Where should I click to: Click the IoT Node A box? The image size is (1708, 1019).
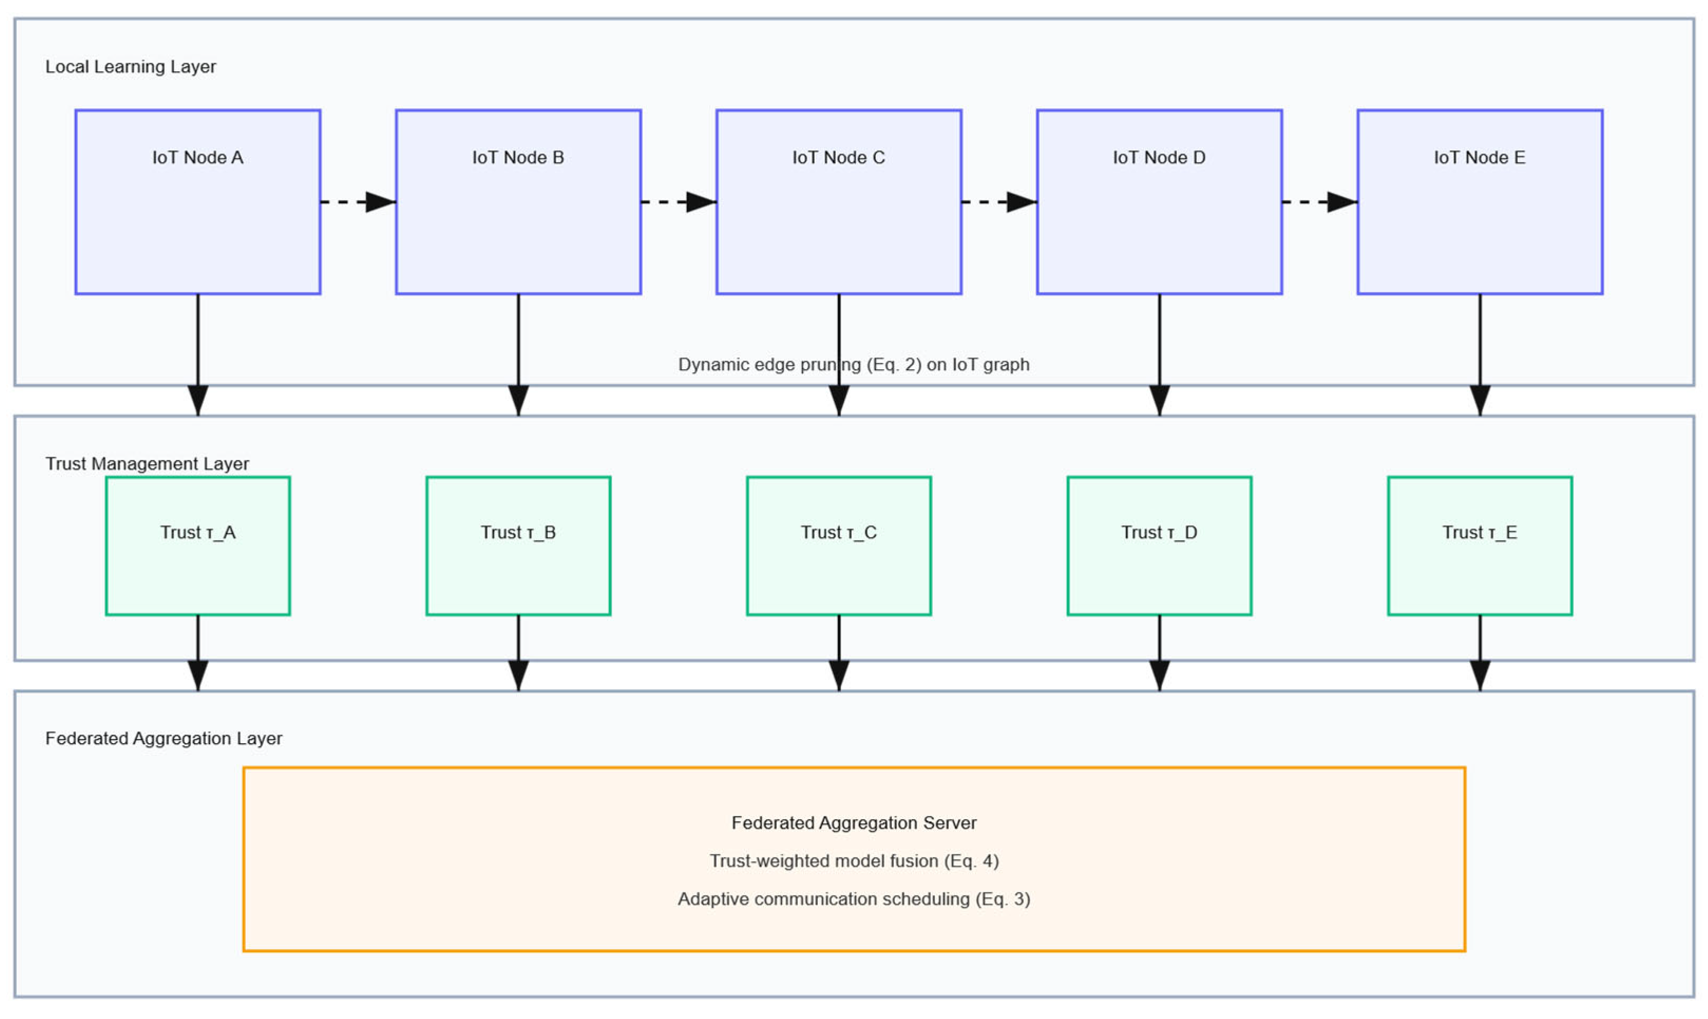click(x=198, y=202)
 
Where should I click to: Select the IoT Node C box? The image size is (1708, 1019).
click(x=838, y=202)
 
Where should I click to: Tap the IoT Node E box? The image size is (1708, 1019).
click(x=1480, y=202)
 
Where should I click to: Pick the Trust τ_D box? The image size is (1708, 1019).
click(x=1159, y=546)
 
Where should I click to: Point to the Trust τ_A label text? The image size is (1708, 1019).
click(x=198, y=533)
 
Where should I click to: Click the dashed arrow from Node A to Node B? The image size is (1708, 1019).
click(x=358, y=202)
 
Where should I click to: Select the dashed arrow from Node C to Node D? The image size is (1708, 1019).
click(x=999, y=202)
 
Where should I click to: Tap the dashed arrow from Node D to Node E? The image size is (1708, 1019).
click(x=1319, y=202)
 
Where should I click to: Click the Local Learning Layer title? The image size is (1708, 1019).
click(x=130, y=66)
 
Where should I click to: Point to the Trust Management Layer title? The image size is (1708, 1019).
click(x=147, y=464)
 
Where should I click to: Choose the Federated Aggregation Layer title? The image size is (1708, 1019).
click(x=164, y=738)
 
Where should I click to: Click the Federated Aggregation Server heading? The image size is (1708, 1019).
click(x=854, y=823)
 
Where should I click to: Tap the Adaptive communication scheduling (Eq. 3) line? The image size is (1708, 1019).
click(x=854, y=899)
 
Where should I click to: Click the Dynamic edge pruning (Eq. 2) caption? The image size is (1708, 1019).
click(x=854, y=364)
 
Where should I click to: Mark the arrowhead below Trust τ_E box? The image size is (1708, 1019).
click(x=1480, y=676)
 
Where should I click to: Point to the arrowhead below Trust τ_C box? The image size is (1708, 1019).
click(x=838, y=676)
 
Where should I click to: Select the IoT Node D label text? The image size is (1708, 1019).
click(x=1159, y=157)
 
